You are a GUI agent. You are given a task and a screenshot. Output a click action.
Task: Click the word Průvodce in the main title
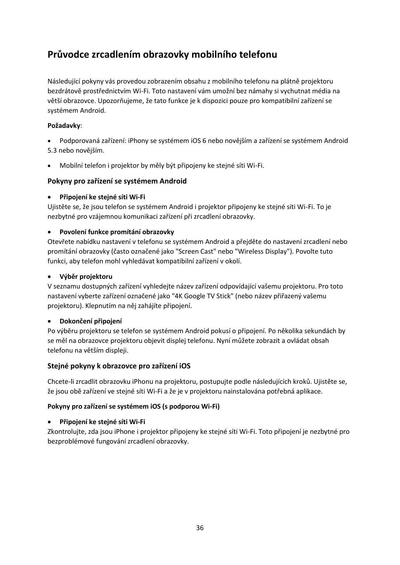coord(69,55)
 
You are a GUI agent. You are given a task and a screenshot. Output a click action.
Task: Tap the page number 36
coord(200,528)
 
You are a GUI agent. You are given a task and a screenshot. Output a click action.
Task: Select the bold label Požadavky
coord(64,126)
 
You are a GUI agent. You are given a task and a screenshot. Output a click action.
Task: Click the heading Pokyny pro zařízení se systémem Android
coord(117,182)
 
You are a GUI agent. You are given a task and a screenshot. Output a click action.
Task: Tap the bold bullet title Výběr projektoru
coord(86,277)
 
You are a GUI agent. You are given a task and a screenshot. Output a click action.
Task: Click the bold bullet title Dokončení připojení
coord(91,321)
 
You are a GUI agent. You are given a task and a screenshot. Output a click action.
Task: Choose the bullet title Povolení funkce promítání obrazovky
coord(117,232)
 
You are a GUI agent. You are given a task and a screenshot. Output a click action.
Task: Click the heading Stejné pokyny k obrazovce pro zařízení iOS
coord(119,366)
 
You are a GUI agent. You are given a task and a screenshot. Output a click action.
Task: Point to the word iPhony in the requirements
coord(138,141)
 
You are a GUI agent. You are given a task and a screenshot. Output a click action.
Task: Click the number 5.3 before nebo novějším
coord(52,151)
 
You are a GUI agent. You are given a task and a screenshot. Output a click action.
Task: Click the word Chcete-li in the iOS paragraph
coord(60,382)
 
